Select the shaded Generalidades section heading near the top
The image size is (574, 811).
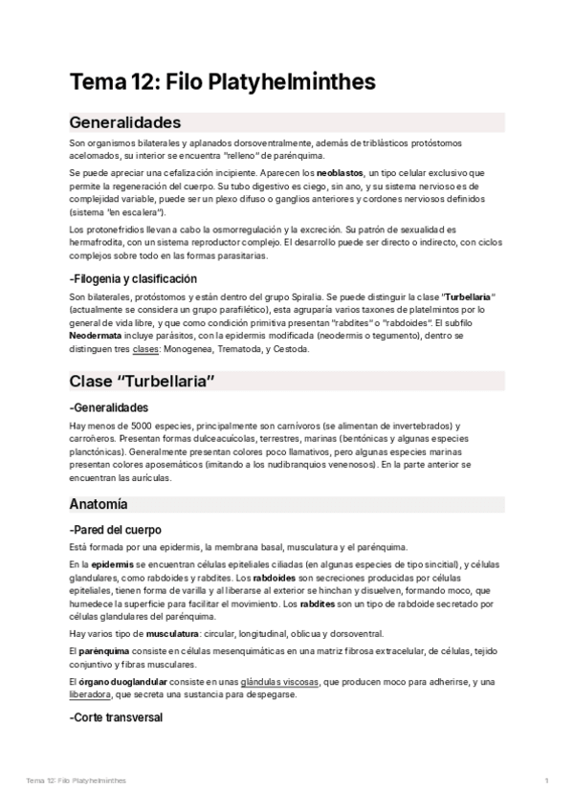[125, 123]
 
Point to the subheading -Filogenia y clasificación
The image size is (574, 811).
[133, 278]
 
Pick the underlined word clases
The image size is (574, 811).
[145, 349]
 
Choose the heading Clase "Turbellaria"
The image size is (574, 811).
[141, 382]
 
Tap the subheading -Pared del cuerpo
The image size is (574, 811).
[116, 529]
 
